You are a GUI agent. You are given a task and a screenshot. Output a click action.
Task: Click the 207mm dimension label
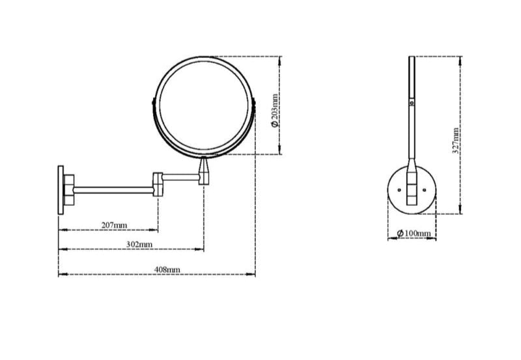click(x=115, y=225)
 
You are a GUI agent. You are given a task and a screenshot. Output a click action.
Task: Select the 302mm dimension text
click(x=139, y=244)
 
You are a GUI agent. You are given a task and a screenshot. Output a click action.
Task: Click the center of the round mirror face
click(x=204, y=106)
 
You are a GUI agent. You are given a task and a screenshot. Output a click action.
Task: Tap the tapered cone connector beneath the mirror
click(x=204, y=171)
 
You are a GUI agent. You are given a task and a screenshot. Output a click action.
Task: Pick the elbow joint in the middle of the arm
click(x=157, y=184)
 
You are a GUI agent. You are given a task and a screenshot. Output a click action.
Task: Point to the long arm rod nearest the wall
click(x=114, y=190)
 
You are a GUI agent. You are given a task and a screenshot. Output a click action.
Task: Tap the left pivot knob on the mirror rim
click(x=153, y=104)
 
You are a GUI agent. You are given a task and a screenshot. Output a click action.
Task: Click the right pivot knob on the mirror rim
click(x=255, y=104)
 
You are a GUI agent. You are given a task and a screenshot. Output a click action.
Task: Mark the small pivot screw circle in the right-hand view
click(x=411, y=102)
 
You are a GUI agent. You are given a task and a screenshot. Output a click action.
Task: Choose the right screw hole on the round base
click(x=426, y=190)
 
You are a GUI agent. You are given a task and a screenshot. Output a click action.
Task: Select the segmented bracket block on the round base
click(x=411, y=189)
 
